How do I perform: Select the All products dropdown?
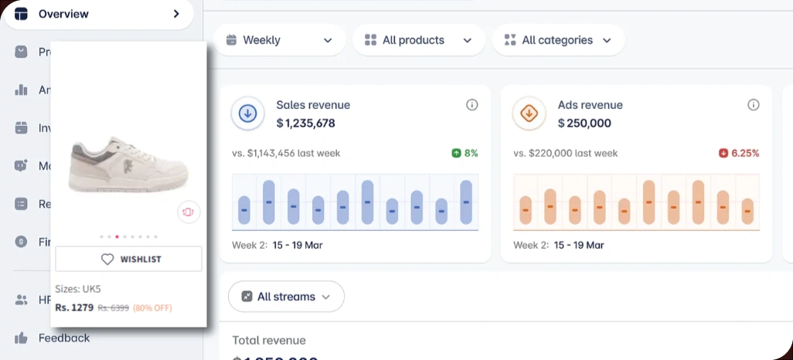click(418, 40)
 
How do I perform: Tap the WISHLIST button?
click(129, 260)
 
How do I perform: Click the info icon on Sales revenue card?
click(472, 105)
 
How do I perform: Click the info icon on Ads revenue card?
click(754, 105)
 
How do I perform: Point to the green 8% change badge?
click(465, 153)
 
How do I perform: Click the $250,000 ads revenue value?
click(584, 123)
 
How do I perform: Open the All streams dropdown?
click(286, 297)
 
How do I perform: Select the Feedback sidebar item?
click(63, 338)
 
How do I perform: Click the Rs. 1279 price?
click(74, 307)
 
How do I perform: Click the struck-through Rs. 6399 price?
click(113, 307)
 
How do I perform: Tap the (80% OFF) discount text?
click(152, 307)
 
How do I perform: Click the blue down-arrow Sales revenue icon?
click(248, 114)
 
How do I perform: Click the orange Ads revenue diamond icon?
click(529, 114)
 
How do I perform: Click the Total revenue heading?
click(269, 340)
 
